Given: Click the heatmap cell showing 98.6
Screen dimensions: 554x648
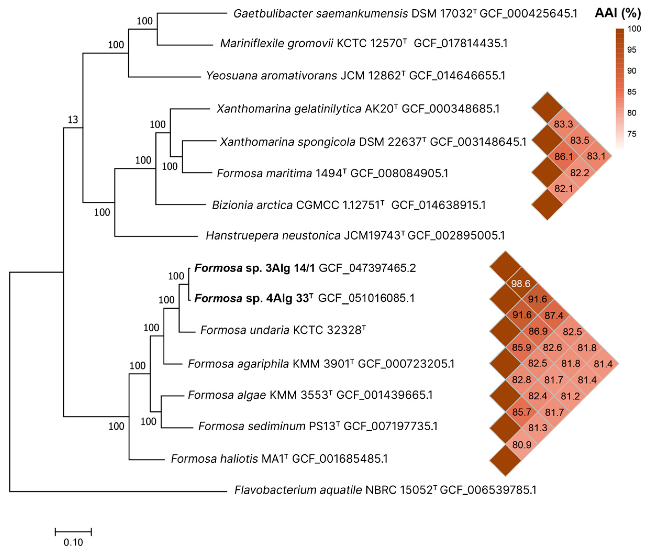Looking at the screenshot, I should click(521, 284).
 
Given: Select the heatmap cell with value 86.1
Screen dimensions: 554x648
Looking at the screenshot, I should click(563, 156).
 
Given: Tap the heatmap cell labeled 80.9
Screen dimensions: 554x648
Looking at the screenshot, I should click(522, 444).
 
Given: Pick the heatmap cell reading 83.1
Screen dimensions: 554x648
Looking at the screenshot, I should click(596, 156).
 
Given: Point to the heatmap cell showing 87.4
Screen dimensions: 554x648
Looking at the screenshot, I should click(554, 315).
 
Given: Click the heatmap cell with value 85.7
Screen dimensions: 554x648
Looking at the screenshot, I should click(522, 412).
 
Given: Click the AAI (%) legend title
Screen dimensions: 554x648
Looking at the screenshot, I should click(618, 13).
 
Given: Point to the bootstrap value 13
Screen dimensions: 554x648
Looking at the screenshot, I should click(73, 120).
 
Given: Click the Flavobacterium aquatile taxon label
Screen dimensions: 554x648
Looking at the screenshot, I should click(298, 490).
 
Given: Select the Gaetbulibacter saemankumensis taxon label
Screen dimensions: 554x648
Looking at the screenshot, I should click(321, 13).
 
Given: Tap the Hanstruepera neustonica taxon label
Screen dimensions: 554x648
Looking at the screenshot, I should click(273, 235).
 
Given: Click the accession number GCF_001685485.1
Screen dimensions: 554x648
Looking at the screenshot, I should click(340, 459).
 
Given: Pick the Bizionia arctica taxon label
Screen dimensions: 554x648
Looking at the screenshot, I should click(252, 205).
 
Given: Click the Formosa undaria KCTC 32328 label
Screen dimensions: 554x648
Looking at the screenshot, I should click(283, 330).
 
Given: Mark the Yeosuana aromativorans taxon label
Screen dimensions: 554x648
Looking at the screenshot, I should click(271, 75).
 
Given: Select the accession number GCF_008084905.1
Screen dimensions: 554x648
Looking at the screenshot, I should click(399, 173).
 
